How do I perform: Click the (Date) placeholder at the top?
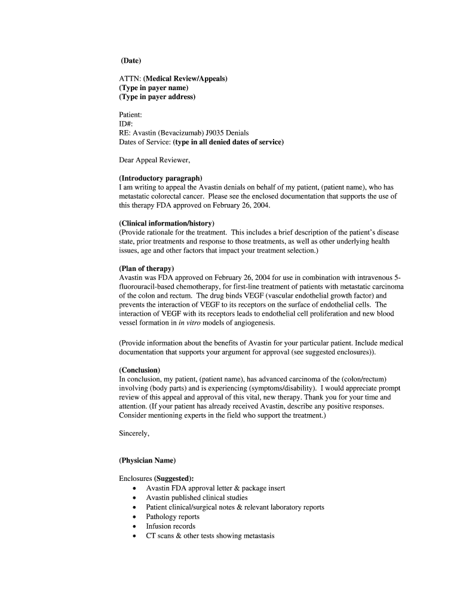(131, 61)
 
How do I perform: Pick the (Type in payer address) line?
(157, 97)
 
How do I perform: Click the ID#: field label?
(126, 124)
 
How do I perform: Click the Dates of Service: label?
(145, 142)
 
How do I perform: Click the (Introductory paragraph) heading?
(161, 178)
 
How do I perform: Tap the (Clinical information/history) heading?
(167, 223)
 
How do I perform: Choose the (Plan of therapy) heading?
(146, 269)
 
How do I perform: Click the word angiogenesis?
(255, 323)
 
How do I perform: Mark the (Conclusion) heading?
(140, 370)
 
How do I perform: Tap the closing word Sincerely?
(134, 434)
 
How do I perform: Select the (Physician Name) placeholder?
(148, 461)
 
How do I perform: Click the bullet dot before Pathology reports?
(134, 517)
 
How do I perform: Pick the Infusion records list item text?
(171, 526)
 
